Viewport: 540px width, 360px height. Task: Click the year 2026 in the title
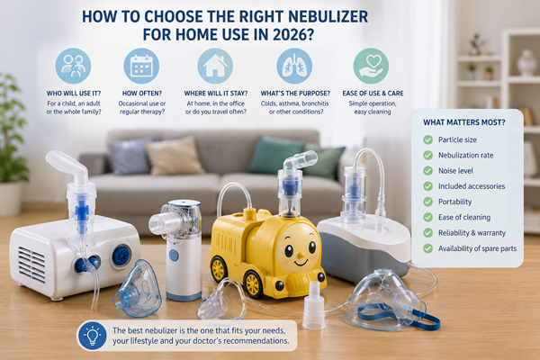pos(293,35)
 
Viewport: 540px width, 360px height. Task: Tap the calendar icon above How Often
pos(141,66)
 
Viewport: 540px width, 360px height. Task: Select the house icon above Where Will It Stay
pos(215,66)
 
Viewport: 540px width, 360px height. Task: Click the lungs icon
pos(294,66)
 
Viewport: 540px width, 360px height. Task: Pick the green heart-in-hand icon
pos(371,66)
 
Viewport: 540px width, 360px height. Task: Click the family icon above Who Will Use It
pos(73,66)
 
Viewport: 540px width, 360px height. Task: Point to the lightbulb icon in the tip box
pos(93,336)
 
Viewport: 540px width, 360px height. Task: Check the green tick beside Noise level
pos(427,171)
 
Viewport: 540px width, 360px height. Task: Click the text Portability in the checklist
pos(454,202)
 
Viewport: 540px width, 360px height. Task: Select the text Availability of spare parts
pos(477,248)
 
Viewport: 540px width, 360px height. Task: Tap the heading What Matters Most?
pos(463,122)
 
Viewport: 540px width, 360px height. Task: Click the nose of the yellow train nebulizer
pos(301,256)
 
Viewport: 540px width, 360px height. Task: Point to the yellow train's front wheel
pos(252,284)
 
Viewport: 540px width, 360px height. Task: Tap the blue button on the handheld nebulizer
pos(174,256)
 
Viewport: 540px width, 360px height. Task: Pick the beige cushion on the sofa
pos(175,156)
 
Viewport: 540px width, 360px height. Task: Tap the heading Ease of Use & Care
pos(373,94)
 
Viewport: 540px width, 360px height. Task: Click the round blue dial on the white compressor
pos(121,256)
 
